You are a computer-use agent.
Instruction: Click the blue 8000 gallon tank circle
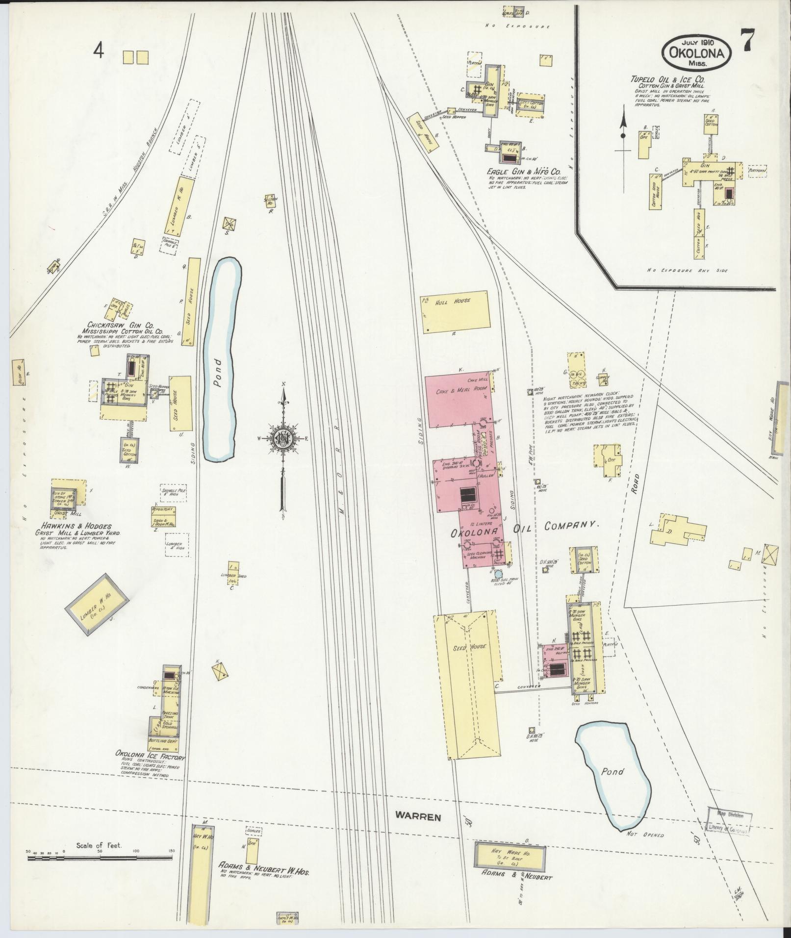tap(498, 574)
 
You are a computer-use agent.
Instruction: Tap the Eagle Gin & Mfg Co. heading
tap(523, 172)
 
